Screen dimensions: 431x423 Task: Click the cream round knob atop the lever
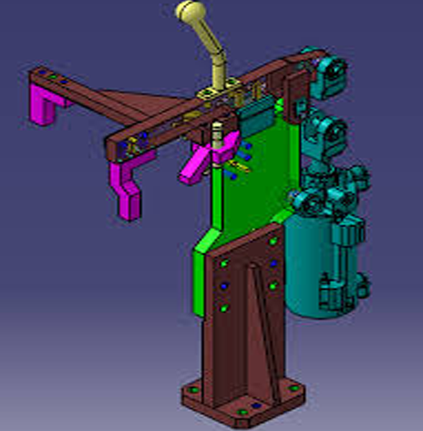tap(188, 11)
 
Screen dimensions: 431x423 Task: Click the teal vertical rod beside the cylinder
tap(338, 259)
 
